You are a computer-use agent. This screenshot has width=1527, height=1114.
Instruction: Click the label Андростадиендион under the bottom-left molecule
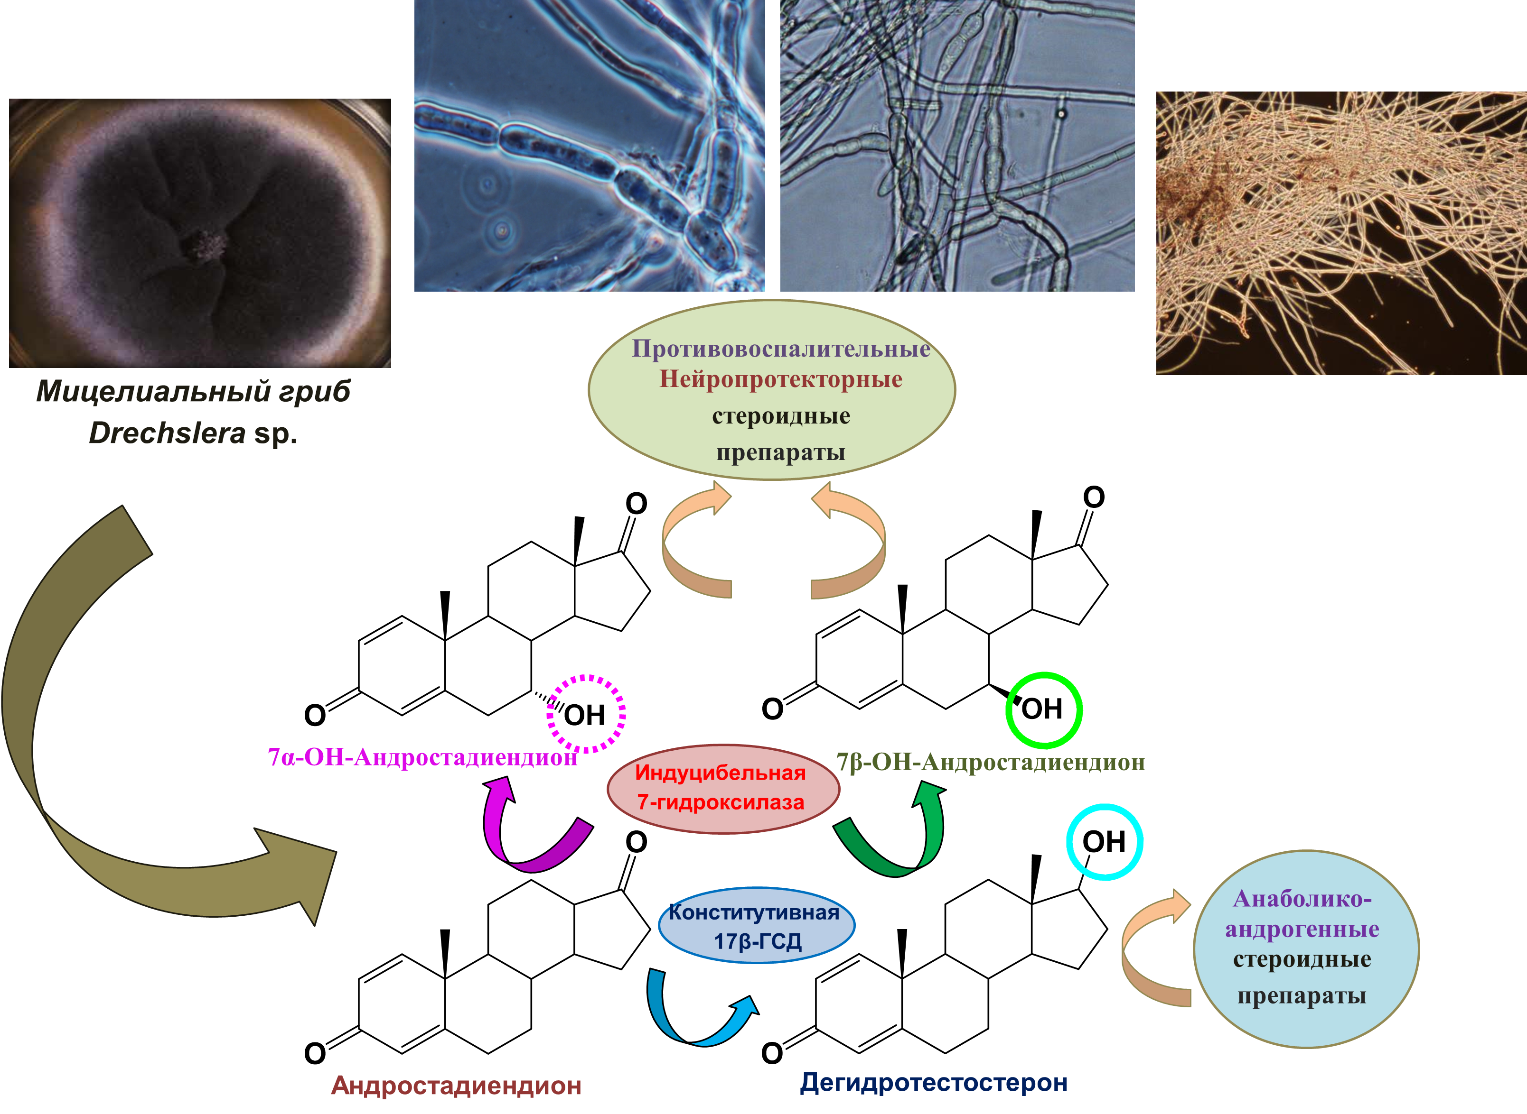tap(456, 1085)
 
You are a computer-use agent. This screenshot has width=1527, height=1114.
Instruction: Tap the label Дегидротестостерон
tap(934, 1082)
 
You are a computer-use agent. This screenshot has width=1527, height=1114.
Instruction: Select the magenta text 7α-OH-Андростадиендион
tap(422, 757)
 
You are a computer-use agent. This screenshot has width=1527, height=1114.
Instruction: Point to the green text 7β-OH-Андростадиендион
tap(991, 762)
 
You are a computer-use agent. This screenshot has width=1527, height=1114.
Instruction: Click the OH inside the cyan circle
tap(1104, 842)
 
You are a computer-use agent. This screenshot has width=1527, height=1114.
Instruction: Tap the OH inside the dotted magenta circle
tap(584, 715)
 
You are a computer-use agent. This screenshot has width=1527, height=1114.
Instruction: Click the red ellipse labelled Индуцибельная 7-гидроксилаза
tap(723, 789)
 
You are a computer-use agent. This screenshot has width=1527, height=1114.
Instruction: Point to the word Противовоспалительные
tap(781, 348)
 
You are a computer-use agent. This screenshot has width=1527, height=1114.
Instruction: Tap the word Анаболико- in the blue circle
tap(1302, 898)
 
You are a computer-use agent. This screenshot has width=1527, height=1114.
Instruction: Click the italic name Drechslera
tap(168, 433)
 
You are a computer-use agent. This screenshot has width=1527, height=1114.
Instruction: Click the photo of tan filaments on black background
tap(1341, 233)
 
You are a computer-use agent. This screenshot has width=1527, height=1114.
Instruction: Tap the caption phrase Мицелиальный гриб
tap(193, 391)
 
